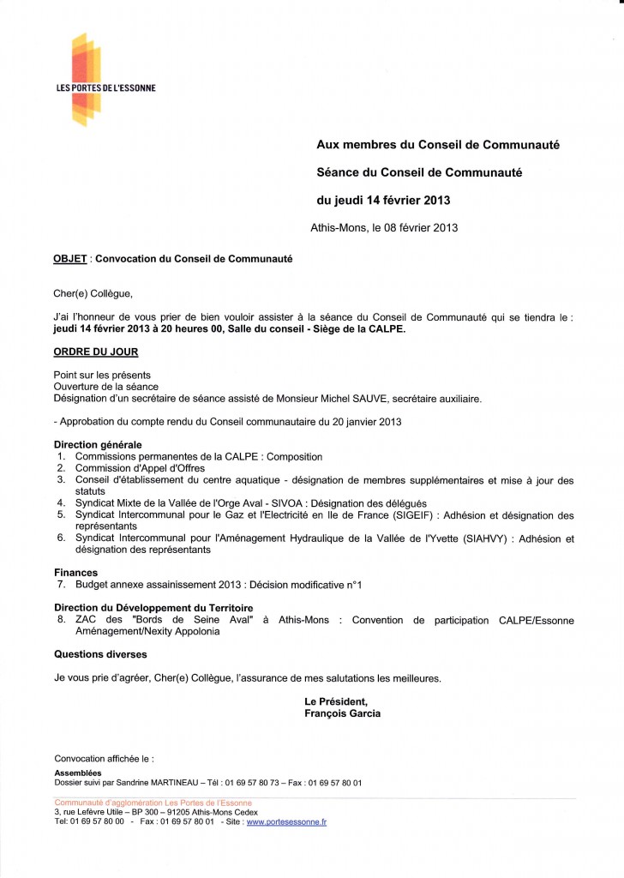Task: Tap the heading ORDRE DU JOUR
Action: click(95, 352)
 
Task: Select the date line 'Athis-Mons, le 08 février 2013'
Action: click(384, 228)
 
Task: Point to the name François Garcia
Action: click(343, 713)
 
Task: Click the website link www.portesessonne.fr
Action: click(286, 821)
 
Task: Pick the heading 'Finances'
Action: click(75, 572)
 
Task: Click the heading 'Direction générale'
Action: click(98, 445)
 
